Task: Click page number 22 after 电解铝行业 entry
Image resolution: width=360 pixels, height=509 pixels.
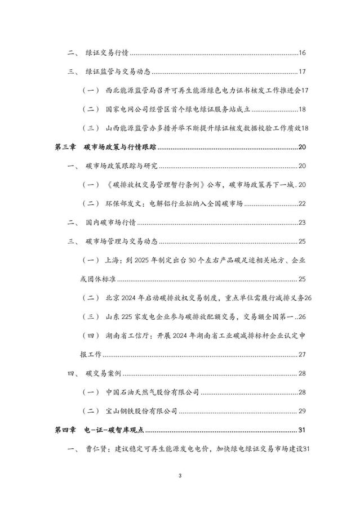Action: click(301, 203)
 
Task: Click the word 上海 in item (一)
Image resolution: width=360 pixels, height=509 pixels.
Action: click(113, 260)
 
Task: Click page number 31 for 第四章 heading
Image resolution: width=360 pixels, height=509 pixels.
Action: click(301, 430)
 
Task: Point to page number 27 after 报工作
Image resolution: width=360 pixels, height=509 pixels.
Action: click(301, 354)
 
